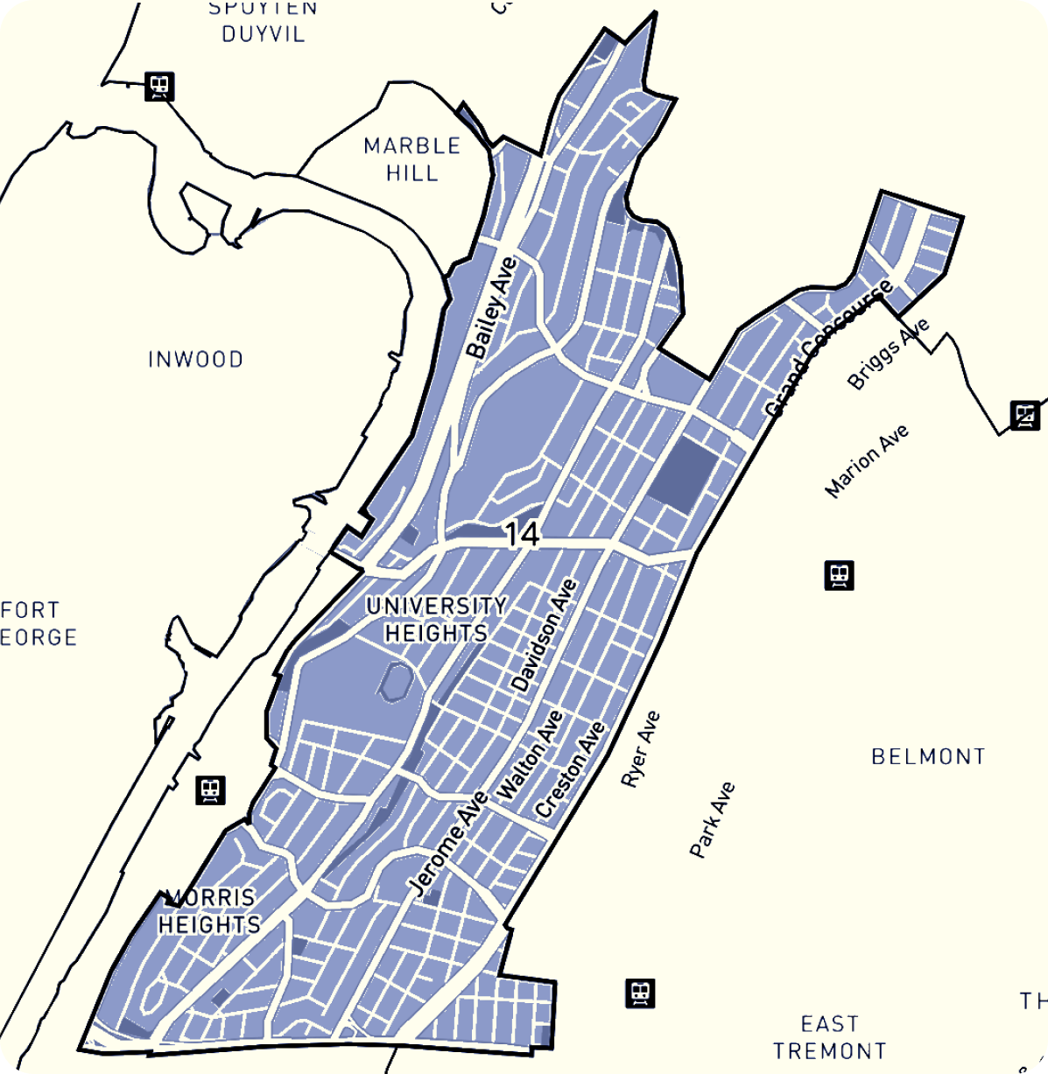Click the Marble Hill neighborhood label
click(411, 159)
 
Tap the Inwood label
click(195, 359)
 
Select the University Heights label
click(436, 619)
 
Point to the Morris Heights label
click(210, 911)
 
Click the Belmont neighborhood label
click(928, 756)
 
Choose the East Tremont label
click(829, 1037)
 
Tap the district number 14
click(522, 533)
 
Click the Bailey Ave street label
click(491, 307)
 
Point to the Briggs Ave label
click(888, 354)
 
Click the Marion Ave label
click(867, 460)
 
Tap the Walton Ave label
click(531, 755)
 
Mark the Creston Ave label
click(570, 769)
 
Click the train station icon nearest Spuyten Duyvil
click(160, 86)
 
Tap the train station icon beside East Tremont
click(640, 993)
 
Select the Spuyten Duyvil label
click(263, 22)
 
